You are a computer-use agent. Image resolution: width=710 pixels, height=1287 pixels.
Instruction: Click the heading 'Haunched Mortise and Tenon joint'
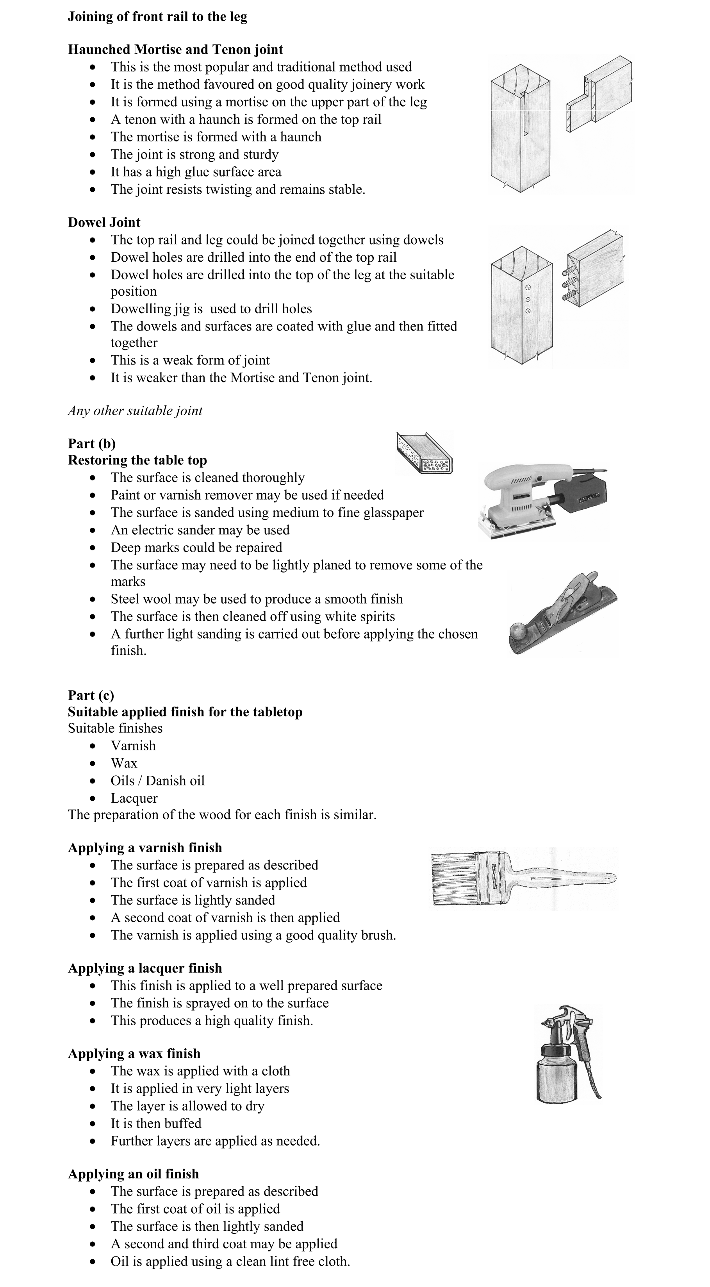click(175, 50)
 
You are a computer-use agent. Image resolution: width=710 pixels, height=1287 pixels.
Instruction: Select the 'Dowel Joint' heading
click(104, 222)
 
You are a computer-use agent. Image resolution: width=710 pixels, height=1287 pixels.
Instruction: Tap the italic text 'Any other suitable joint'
click(135, 411)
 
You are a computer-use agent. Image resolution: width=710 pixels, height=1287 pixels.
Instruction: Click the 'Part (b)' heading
click(91, 444)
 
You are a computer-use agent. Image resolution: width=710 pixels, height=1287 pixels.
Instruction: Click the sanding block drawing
click(424, 453)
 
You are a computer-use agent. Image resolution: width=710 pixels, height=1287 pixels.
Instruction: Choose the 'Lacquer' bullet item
click(134, 798)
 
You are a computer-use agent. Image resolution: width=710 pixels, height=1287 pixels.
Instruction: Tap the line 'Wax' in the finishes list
click(124, 763)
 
